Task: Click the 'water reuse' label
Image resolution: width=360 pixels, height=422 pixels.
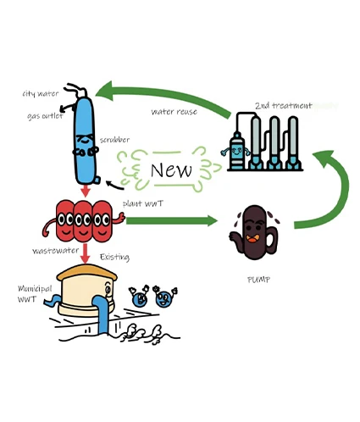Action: coord(174,111)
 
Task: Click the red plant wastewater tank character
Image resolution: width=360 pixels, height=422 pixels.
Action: coord(83,220)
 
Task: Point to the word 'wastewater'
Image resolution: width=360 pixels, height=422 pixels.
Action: coord(55,252)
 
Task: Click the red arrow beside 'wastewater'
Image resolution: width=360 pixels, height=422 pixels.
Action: coord(85,253)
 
